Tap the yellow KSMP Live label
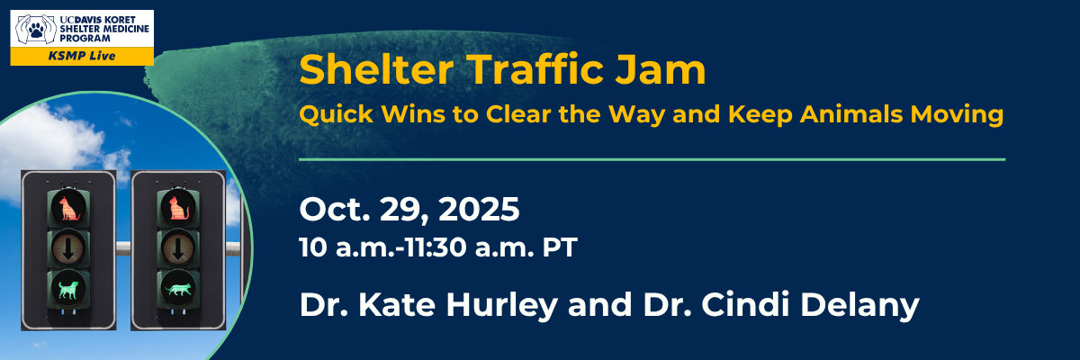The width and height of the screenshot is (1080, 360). pos(81,56)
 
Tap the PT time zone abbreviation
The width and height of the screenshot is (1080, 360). pos(558,247)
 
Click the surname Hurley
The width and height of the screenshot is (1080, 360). pos(499,304)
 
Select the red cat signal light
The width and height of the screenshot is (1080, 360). pos(176,208)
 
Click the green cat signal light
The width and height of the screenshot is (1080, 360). pos(176,288)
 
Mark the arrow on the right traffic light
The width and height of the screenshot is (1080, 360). pos(176,248)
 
